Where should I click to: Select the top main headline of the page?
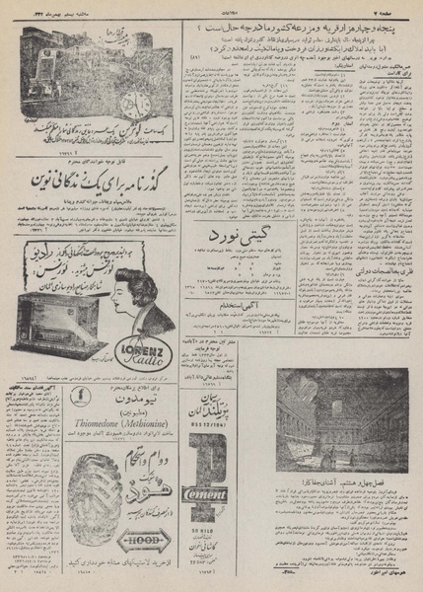click(296, 30)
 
